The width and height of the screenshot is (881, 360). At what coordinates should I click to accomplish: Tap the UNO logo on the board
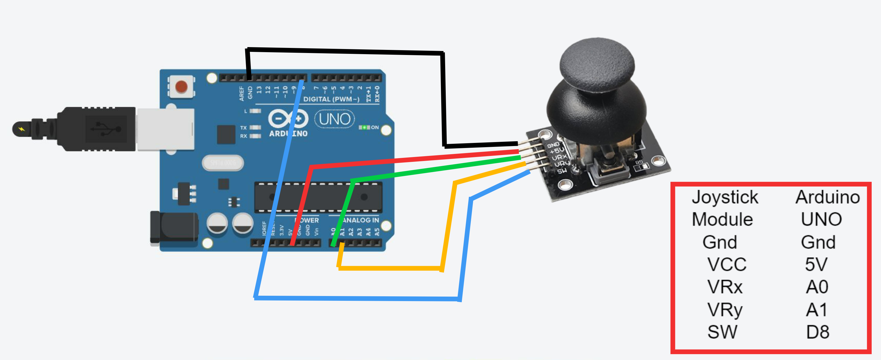[335, 119]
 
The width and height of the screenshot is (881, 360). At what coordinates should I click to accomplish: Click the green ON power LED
[364, 127]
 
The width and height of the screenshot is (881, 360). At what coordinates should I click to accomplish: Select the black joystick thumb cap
[597, 65]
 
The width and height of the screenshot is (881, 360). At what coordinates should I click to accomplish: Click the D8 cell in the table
[818, 332]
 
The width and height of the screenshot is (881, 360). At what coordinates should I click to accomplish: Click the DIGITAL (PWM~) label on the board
[331, 99]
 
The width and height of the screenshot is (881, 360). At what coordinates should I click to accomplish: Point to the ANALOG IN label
[361, 220]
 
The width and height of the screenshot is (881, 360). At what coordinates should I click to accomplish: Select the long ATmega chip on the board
[318, 197]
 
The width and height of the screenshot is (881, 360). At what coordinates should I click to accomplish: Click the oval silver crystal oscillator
[223, 163]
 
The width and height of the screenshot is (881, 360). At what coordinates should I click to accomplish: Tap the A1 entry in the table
[817, 310]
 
